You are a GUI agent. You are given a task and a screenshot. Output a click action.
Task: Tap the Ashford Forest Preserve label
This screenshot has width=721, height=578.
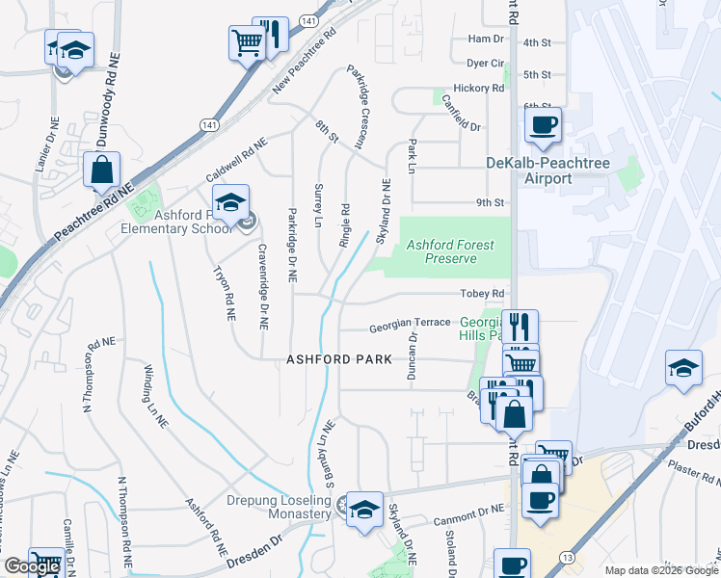coord(441,252)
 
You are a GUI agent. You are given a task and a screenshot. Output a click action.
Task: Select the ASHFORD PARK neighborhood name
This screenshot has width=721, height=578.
coord(339,359)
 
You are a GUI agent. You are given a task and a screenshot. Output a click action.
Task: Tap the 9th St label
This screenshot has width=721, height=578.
coord(490,202)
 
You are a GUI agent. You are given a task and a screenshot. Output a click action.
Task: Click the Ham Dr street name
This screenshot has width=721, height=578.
coord(485,39)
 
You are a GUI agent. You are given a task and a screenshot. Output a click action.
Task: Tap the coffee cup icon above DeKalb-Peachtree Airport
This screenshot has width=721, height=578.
coord(543,125)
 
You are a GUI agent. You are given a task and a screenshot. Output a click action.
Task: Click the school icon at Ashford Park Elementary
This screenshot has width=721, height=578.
coord(230,203)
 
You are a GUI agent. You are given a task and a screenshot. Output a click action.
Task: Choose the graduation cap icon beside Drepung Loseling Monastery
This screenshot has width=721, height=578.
coord(364,510)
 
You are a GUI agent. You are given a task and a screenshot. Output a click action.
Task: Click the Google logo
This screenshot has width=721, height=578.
coord(32,567)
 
